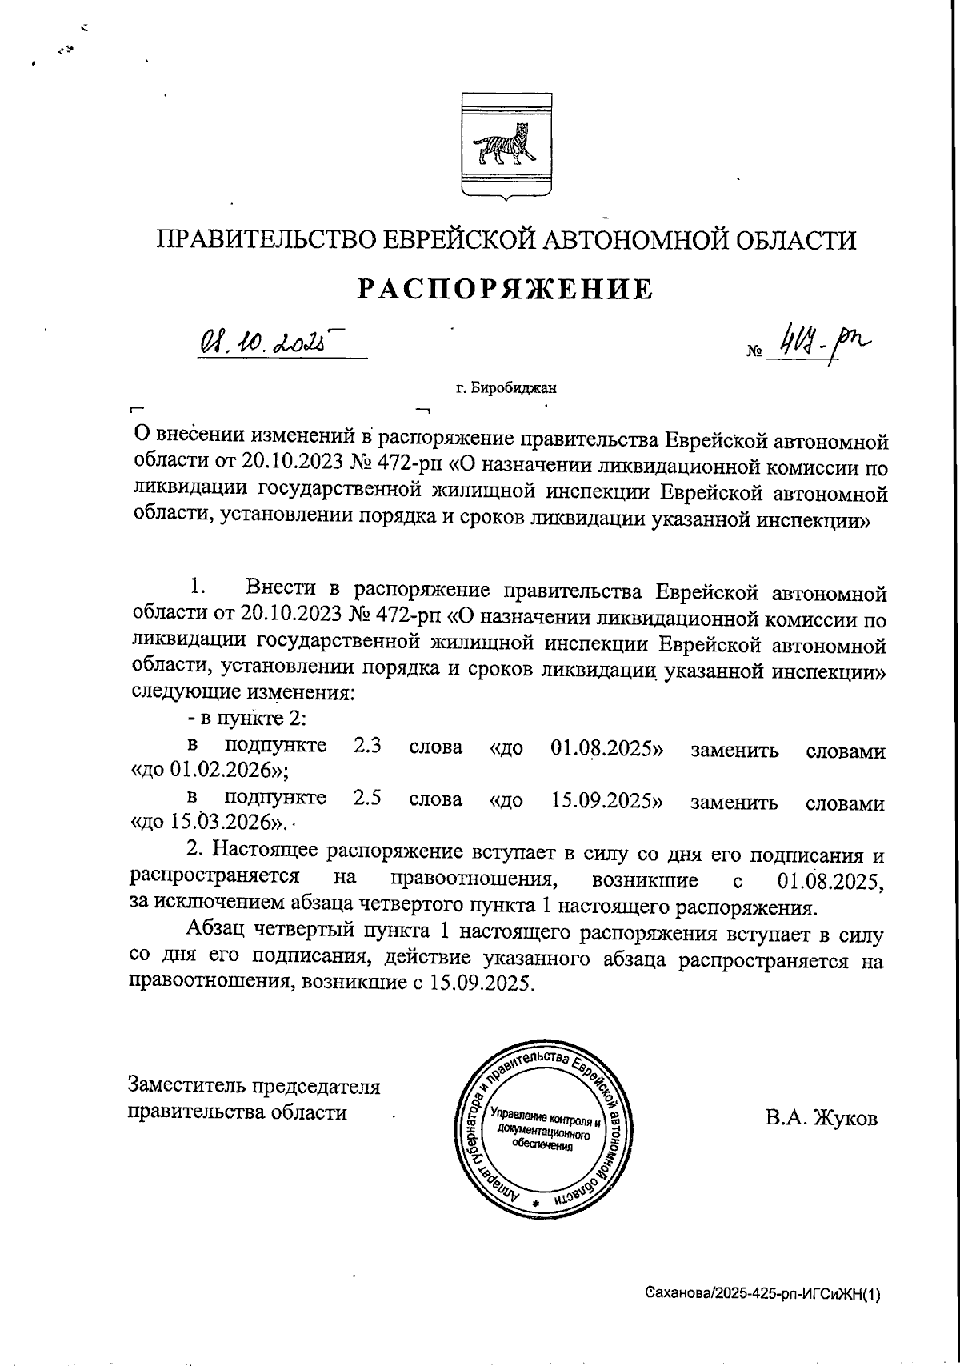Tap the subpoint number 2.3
pos(366,747)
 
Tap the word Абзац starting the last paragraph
pos(217,932)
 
